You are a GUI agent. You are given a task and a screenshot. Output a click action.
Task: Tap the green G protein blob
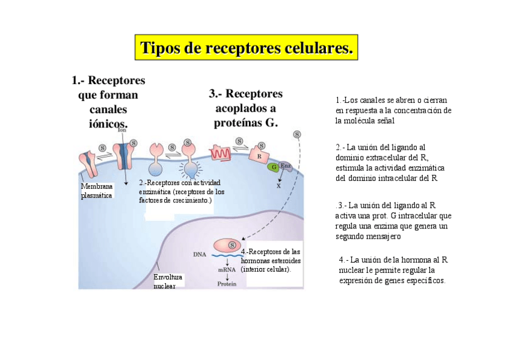[x=274, y=167]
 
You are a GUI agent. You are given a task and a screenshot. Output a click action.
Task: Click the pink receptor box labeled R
[x=259, y=155]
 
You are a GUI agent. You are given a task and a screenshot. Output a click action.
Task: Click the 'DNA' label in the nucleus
[x=200, y=254]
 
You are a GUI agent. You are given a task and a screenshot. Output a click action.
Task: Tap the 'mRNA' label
[x=226, y=269]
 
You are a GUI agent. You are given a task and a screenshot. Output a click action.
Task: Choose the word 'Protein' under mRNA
[x=227, y=283]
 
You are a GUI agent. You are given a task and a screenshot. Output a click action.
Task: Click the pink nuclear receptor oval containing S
[x=226, y=245]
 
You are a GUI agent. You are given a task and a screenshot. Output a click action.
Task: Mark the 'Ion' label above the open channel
[x=121, y=129]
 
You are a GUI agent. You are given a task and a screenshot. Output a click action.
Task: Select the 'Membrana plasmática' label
[x=96, y=191]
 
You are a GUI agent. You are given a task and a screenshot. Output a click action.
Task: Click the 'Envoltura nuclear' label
[x=168, y=281]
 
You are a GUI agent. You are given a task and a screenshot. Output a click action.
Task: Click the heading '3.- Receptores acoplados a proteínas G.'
[x=245, y=108]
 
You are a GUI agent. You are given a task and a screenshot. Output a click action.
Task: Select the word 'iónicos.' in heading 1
[x=108, y=123]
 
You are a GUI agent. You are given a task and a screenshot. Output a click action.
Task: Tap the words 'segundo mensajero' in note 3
[x=367, y=236]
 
